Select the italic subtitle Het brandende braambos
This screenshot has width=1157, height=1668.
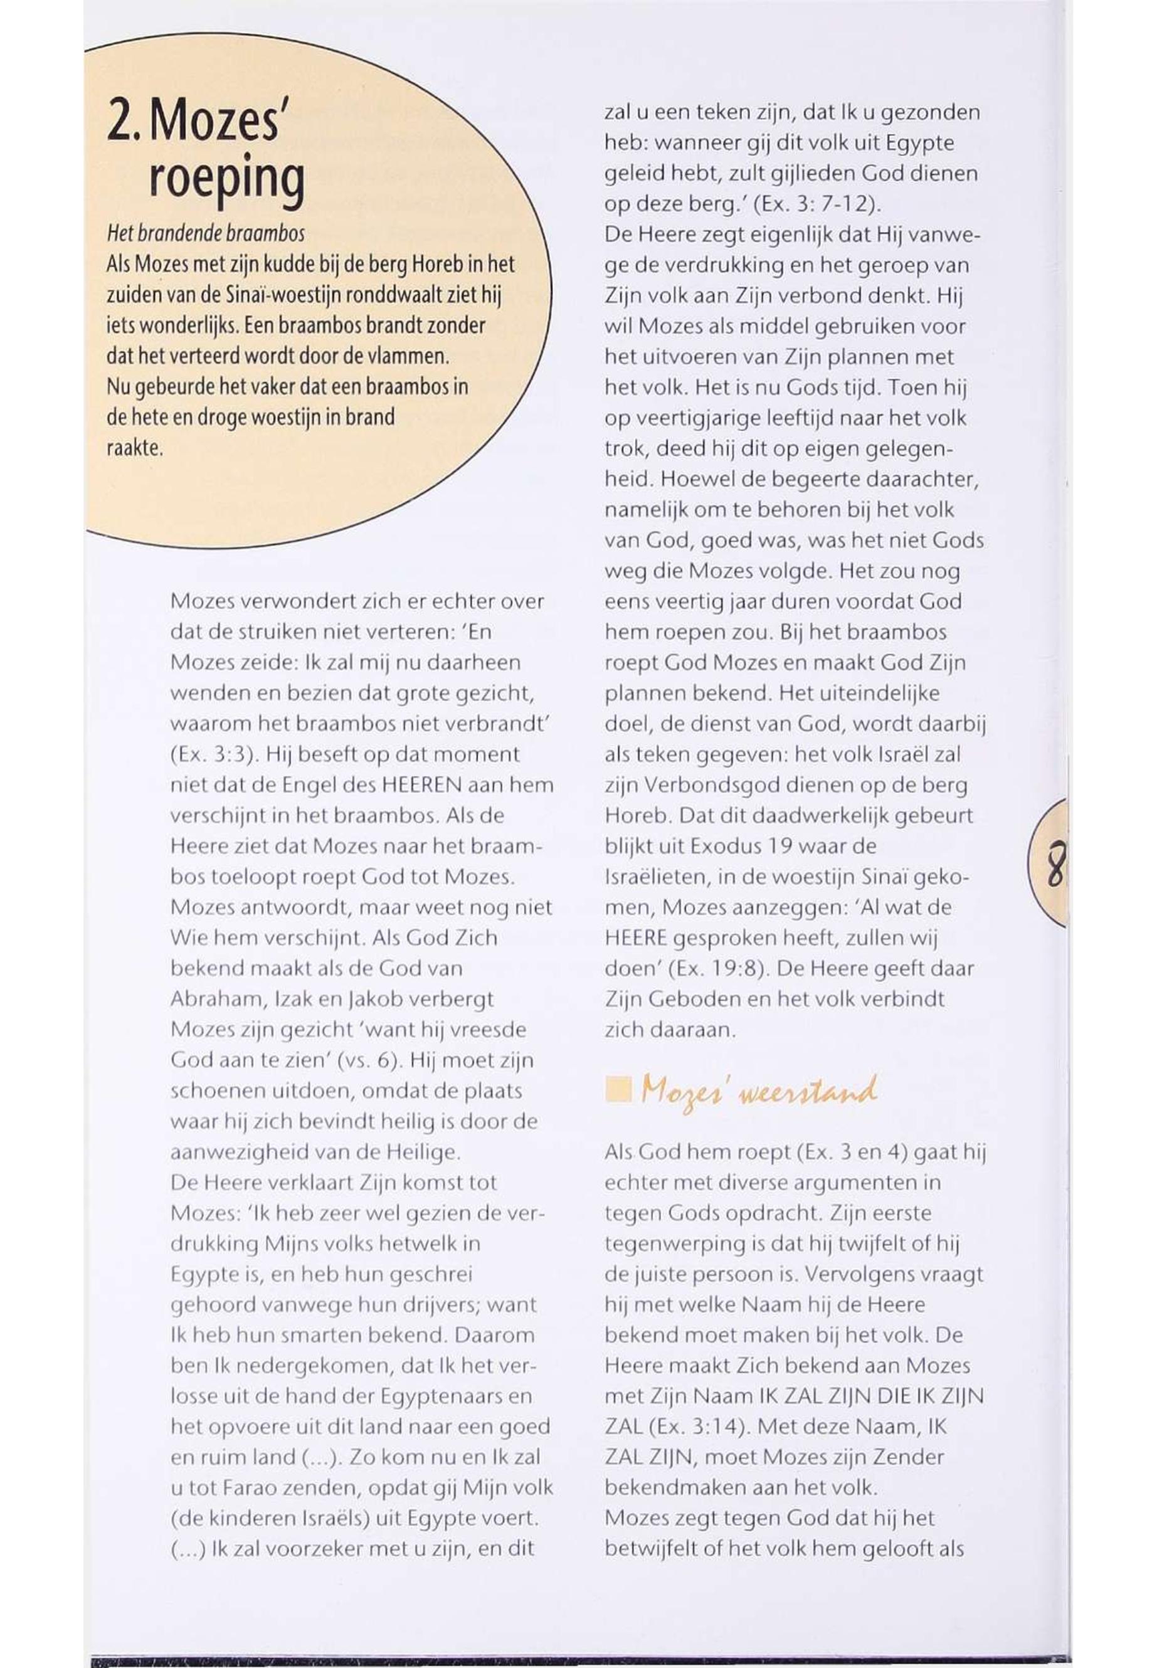205,233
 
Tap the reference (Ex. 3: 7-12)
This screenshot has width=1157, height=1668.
817,204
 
